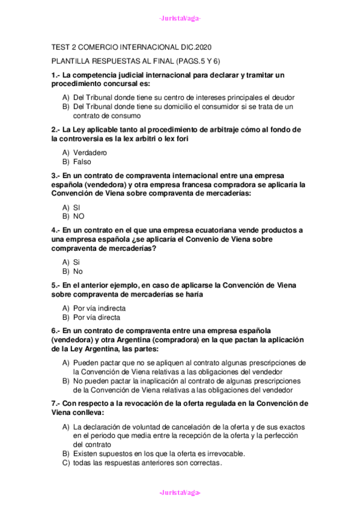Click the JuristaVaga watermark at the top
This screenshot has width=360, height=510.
click(180, 18)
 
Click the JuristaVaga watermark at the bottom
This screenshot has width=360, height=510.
click(180, 493)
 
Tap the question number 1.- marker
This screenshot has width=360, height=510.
click(56, 75)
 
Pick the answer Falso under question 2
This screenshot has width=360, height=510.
click(83, 162)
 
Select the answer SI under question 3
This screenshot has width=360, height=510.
click(77, 206)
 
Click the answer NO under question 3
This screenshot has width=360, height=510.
click(79, 216)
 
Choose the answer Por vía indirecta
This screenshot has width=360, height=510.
click(99, 308)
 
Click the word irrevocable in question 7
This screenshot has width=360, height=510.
click(224, 453)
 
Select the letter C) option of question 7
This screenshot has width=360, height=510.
click(66, 463)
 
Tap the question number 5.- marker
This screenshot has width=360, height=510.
click(56, 284)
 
